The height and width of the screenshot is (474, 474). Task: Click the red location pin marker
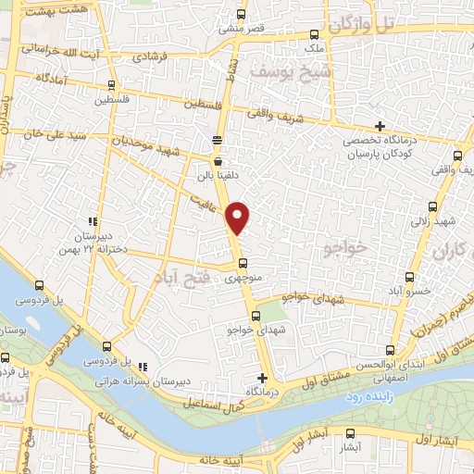[238, 217]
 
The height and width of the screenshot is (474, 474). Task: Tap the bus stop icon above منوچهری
[243, 262]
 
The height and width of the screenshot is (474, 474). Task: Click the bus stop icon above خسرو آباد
[410, 276]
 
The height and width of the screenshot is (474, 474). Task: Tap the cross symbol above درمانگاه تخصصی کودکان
[380, 127]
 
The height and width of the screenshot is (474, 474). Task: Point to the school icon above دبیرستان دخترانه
[92, 220]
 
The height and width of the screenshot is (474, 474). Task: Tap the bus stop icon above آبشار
[350, 433]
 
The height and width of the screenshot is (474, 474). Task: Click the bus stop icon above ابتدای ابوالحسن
[390, 350]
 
